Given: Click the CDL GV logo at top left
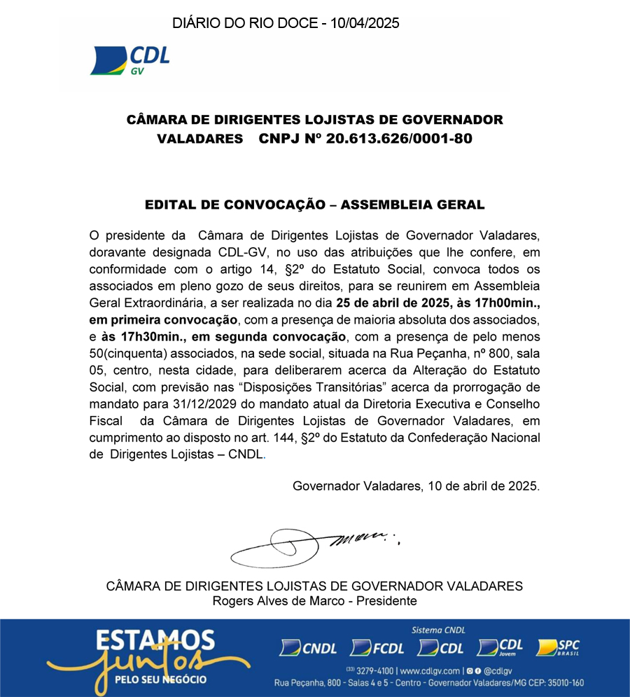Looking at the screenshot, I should [130, 60].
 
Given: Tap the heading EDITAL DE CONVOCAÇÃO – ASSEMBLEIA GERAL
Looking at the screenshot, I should [314, 205].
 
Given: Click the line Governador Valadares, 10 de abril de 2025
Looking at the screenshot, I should [416, 485].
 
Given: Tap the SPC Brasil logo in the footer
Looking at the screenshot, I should [558, 648].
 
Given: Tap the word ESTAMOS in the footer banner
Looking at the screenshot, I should [155, 640].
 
